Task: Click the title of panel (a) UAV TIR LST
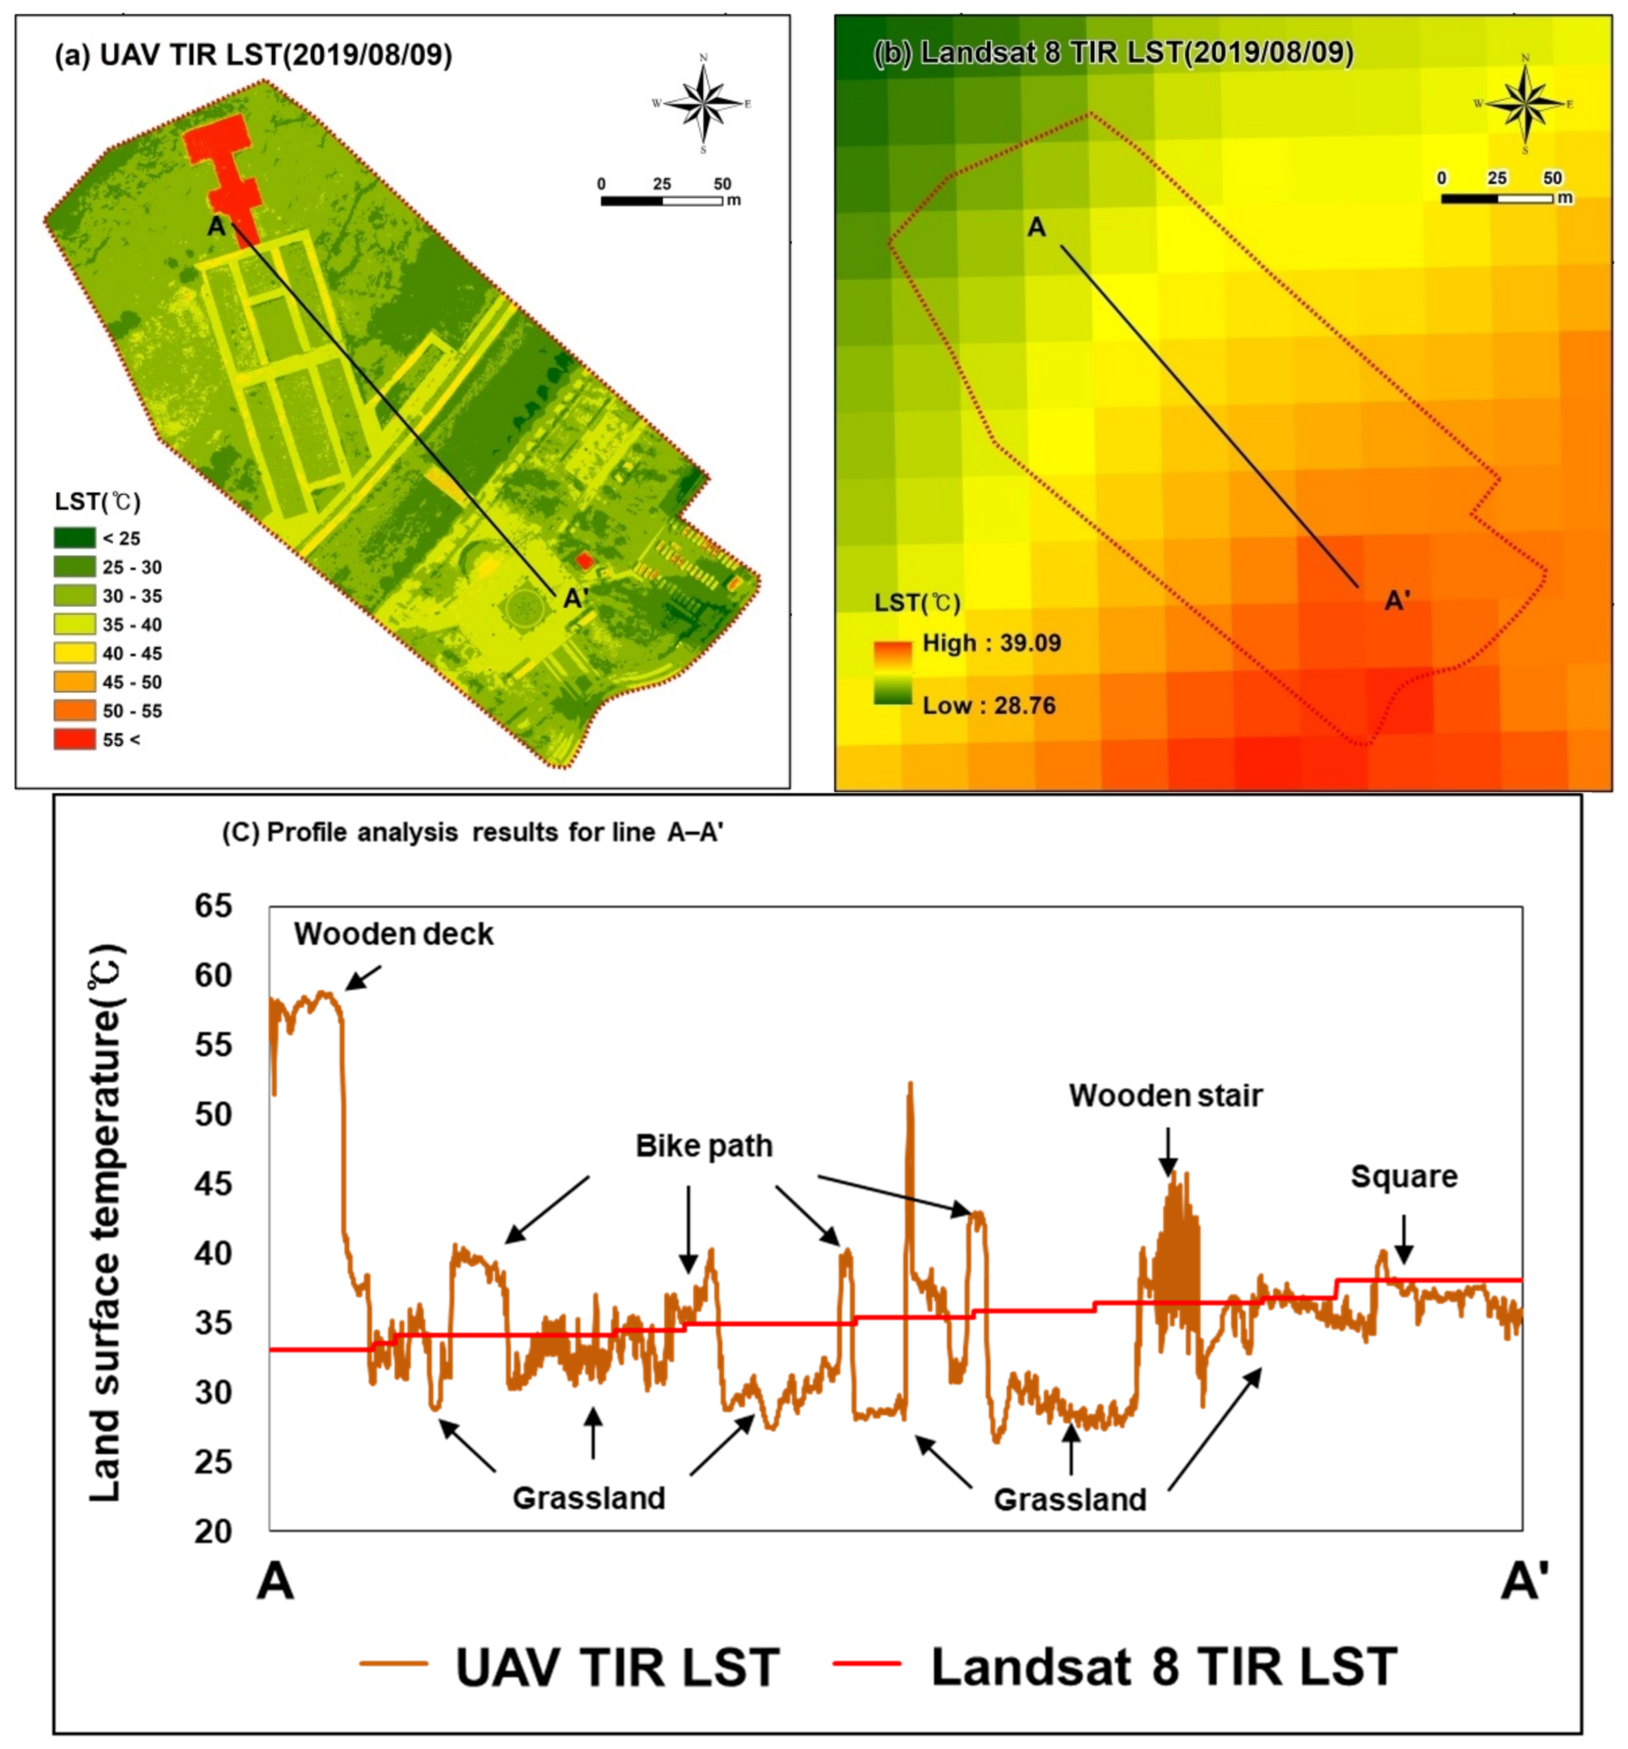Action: pyautogui.click(x=253, y=55)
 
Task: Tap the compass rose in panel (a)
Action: pyautogui.click(x=703, y=104)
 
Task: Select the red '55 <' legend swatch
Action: pyautogui.click(x=74, y=739)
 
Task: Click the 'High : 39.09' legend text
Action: pyautogui.click(x=991, y=643)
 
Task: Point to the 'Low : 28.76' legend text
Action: pyautogui.click(x=988, y=706)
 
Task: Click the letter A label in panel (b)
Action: pyautogui.click(x=1037, y=228)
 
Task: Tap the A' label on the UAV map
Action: pyautogui.click(x=575, y=599)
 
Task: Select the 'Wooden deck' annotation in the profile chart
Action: pyautogui.click(x=393, y=934)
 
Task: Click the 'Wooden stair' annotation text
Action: pyautogui.click(x=1165, y=1096)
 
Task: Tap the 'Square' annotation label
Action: pyautogui.click(x=1403, y=1177)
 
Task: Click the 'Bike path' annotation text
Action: pyautogui.click(x=704, y=1147)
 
